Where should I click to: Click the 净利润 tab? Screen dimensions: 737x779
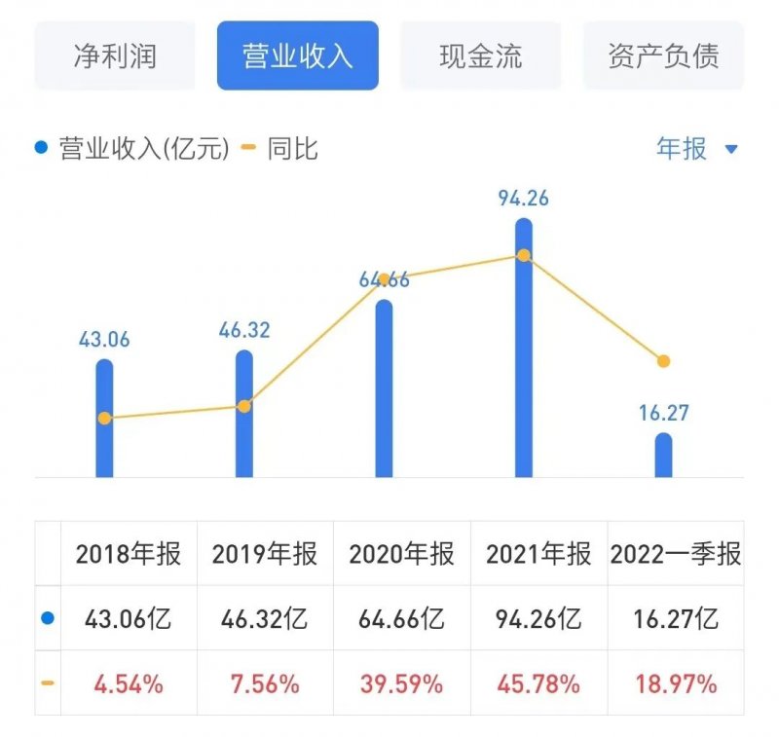pos(115,55)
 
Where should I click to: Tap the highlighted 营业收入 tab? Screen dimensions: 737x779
pos(297,55)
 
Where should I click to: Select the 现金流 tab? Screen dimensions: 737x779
pos(480,55)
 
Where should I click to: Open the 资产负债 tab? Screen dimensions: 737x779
pos(663,55)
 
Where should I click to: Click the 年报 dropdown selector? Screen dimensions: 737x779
pos(697,149)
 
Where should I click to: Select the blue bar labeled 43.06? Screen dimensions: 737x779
pos(104,419)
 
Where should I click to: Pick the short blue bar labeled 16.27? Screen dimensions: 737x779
pos(663,456)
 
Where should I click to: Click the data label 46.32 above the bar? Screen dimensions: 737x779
pos(243,330)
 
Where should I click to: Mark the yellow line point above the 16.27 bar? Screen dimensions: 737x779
pos(663,361)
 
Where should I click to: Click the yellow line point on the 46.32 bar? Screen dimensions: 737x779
pos(244,406)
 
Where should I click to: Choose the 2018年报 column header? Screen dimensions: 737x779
pos(129,554)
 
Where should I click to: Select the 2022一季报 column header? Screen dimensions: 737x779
pos(676,554)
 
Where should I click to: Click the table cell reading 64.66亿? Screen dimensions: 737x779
pos(402,618)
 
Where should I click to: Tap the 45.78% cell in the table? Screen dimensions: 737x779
pos(538,683)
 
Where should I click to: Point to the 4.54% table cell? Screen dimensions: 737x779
pos(129,683)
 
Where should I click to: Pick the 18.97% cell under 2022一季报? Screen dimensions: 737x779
pos(676,683)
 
